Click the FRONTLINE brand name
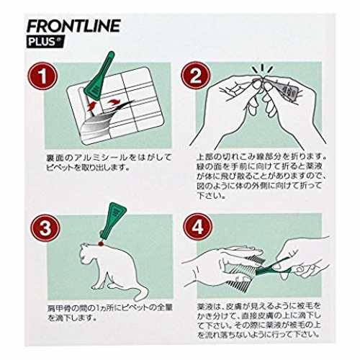73,26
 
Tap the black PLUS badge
45,42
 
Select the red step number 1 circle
42,76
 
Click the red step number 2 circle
196,76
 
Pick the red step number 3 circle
45,228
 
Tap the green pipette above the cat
112,221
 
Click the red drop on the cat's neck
100,243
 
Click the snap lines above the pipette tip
262,69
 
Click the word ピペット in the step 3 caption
137,308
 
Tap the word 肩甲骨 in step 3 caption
60,308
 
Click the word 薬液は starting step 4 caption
208,307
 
